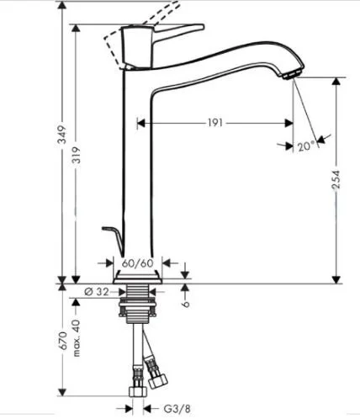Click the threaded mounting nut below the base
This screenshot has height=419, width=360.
click(137, 305)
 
